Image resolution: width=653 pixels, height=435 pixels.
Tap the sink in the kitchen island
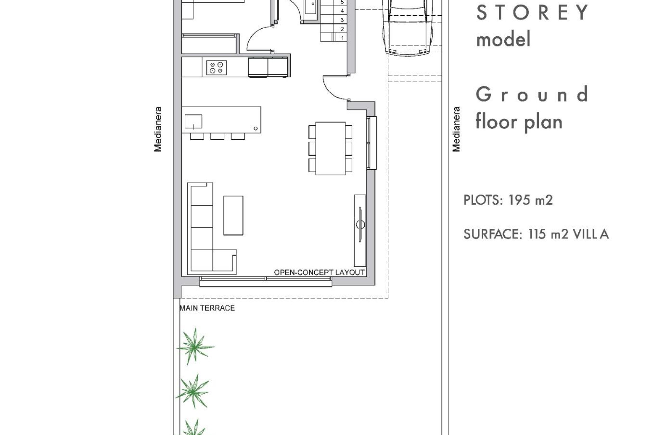click(x=193, y=121)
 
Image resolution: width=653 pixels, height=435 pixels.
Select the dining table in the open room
click(x=330, y=149)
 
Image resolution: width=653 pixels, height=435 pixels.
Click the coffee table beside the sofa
click(x=233, y=215)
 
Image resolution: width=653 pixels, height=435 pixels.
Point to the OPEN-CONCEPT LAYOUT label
click(x=319, y=273)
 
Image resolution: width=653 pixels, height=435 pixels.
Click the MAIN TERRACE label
click(x=207, y=308)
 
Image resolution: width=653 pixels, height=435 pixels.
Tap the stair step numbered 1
click(x=342, y=38)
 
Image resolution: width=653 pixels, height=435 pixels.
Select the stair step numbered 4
click(x=342, y=11)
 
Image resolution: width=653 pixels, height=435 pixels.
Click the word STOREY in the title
click(x=532, y=13)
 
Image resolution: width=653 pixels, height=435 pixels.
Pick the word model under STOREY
click(x=503, y=39)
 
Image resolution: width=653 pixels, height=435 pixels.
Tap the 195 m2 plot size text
click(x=530, y=200)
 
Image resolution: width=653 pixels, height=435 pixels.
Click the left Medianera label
click(x=158, y=129)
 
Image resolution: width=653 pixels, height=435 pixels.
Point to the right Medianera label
click(x=456, y=129)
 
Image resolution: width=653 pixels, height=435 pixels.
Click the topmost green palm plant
click(x=195, y=346)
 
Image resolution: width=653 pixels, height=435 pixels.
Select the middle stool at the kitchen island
click(x=217, y=136)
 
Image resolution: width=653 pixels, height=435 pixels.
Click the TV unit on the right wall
click(x=359, y=230)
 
